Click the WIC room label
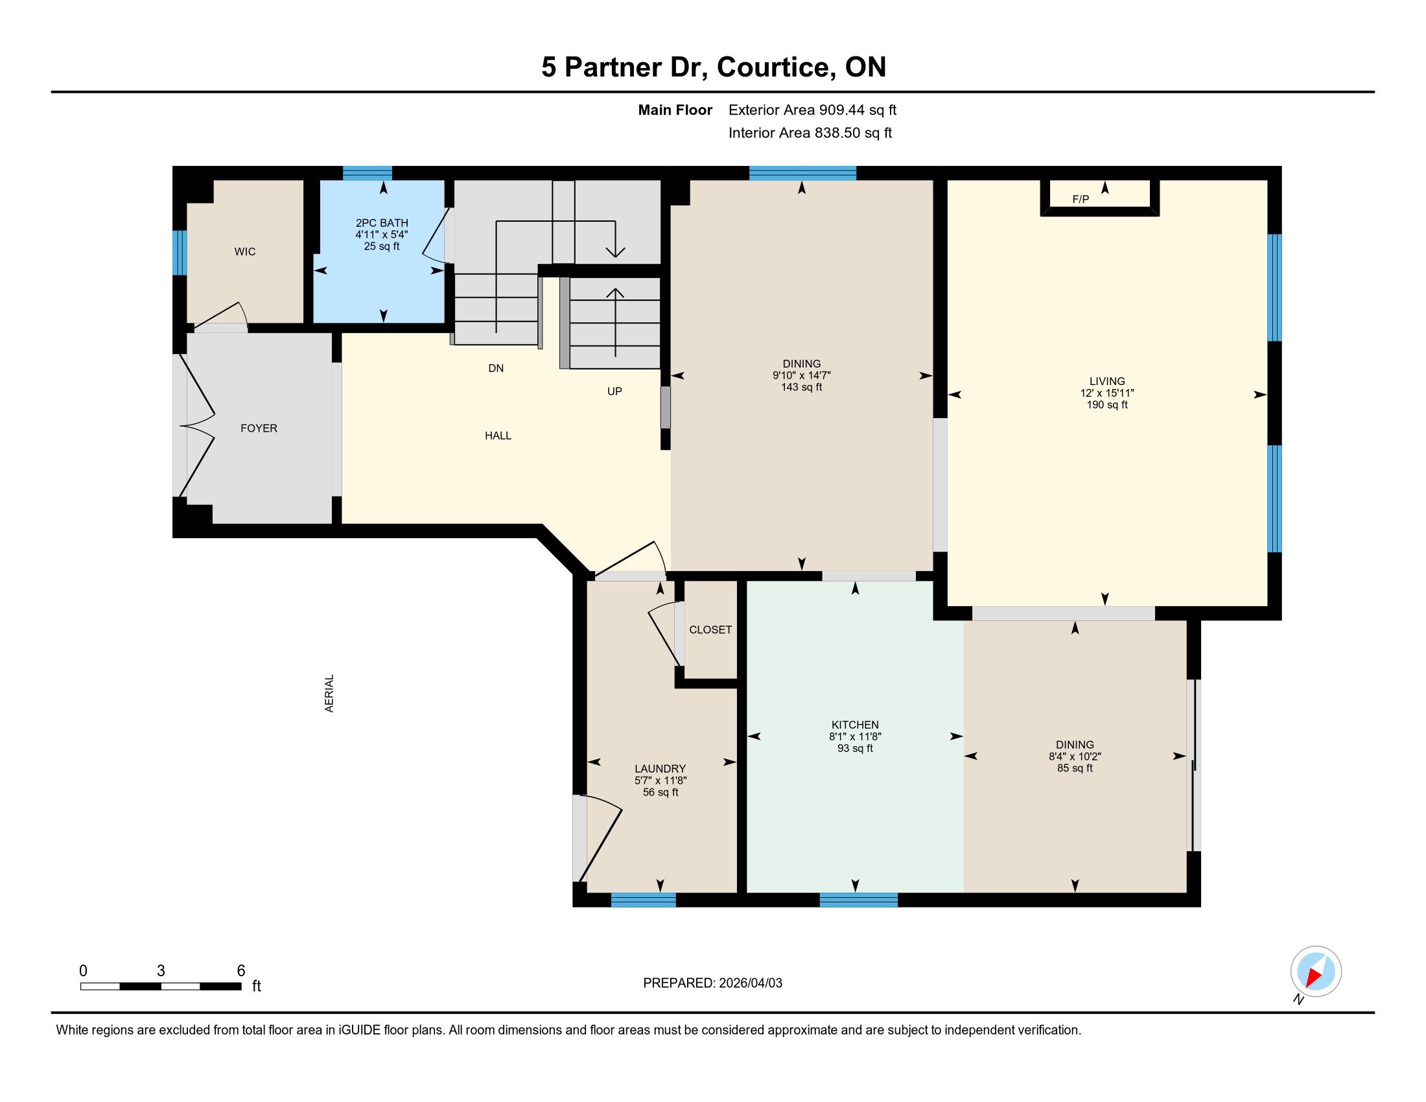coord(245,252)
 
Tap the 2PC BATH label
coord(382,223)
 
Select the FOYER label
coord(259,428)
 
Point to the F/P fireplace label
coord(1081,199)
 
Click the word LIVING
coord(1107,381)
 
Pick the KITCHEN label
coord(856,725)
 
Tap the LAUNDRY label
coord(660,769)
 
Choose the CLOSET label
coord(710,630)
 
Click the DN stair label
coord(497,368)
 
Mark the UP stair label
coord(614,391)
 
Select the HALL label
coord(498,436)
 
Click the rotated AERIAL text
coord(330,694)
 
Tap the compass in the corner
coord(1316,972)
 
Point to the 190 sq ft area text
coord(1107,404)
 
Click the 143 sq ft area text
coord(802,387)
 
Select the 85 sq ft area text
coord(1075,768)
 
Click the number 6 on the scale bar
coord(241,971)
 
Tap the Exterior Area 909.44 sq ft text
coord(813,110)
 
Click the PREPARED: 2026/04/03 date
coord(713,983)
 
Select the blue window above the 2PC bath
coord(368,173)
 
